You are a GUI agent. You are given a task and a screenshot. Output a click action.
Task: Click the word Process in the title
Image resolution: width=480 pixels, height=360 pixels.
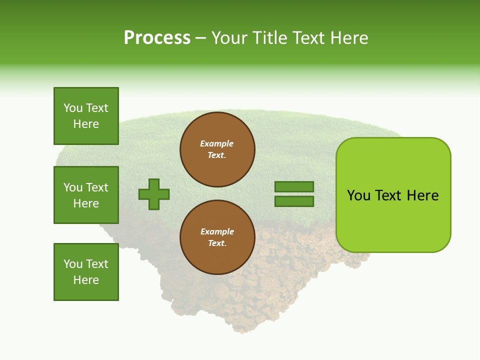[x=157, y=37]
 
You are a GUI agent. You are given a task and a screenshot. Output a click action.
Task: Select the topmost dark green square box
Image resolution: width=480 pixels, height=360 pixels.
[x=86, y=116]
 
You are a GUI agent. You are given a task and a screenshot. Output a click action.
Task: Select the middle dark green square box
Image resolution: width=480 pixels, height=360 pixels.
[x=86, y=195]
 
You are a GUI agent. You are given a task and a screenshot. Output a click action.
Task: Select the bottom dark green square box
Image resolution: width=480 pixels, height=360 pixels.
[x=86, y=272]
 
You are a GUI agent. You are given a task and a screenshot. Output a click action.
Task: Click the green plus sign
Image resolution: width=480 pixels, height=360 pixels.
[x=154, y=194]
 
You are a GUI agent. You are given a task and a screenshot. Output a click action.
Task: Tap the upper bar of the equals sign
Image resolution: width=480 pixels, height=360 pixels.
[x=294, y=186]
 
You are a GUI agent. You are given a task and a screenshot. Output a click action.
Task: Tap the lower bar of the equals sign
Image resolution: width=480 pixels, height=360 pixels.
[x=294, y=201]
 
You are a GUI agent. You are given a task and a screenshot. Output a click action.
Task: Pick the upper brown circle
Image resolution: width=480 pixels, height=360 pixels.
[x=217, y=149]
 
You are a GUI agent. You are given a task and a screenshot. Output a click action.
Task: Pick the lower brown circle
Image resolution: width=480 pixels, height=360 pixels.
[x=217, y=237]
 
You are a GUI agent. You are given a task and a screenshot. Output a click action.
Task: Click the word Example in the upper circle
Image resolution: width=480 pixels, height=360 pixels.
[x=217, y=143]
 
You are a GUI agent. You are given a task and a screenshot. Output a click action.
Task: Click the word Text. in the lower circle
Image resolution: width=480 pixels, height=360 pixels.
[x=217, y=243]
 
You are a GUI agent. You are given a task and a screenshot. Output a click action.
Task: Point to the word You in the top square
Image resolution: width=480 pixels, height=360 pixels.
[x=73, y=108]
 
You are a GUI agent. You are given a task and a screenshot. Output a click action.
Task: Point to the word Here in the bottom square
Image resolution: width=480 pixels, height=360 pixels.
[x=86, y=280]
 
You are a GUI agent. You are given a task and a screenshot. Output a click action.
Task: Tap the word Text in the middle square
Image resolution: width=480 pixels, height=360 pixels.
[x=97, y=187]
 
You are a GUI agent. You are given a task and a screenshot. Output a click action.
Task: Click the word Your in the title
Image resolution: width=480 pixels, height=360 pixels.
[x=228, y=37]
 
